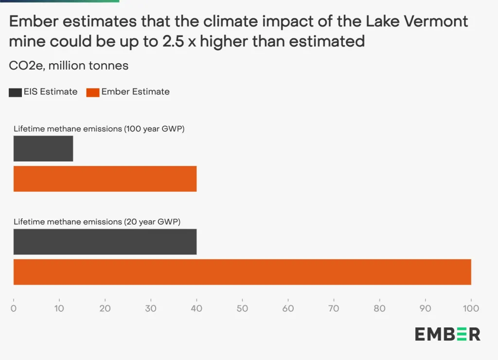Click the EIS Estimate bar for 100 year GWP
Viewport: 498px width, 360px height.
click(x=43, y=148)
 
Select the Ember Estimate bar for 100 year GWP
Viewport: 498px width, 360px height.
click(x=105, y=179)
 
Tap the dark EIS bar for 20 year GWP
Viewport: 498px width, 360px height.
click(x=105, y=242)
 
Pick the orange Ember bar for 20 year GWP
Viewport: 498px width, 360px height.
click(x=242, y=272)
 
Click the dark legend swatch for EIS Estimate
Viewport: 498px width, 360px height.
click(x=15, y=92)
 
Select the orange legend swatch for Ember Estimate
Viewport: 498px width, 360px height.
click(x=93, y=92)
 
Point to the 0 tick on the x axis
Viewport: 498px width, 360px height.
click(x=14, y=308)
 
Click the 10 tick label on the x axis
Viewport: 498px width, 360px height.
click(x=59, y=308)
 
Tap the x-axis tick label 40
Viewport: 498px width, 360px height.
click(x=196, y=308)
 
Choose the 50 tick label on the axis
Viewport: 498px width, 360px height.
click(x=242, y=308)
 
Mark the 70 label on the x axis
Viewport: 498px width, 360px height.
click(x=334, y=308)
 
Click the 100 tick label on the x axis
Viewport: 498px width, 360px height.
click(x=471, y=308)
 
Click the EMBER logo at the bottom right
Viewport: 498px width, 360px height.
click(x=447, y=334)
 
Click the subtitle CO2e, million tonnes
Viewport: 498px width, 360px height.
click(x=69, y=66)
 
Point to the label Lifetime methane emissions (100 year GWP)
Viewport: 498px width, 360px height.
click(x=99, y=129)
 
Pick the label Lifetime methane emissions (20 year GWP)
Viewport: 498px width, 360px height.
click(x=97, y=222)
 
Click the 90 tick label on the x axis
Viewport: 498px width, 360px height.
click(x=425, y=308)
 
